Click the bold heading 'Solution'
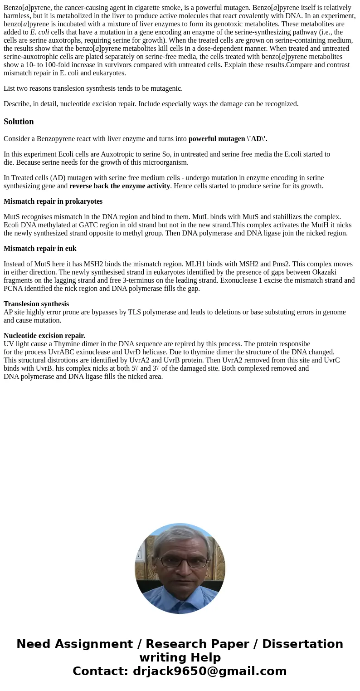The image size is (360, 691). pyautogui.click(x=19, y=122)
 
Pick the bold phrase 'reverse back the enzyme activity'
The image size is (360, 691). pyautogui.click(x=120, y=186)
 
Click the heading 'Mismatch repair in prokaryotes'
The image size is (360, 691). pyautogui.click(x=53, y=201)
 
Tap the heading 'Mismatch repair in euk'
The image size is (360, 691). pyautogui.click(x=40, y=249)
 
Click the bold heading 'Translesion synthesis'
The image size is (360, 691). pyautogui.click(x=36, y=304)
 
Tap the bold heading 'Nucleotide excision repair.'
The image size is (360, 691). pyautogui.click(x=44, y=336)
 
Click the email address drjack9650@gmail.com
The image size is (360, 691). pyautogui.click(x=209, y=671)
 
